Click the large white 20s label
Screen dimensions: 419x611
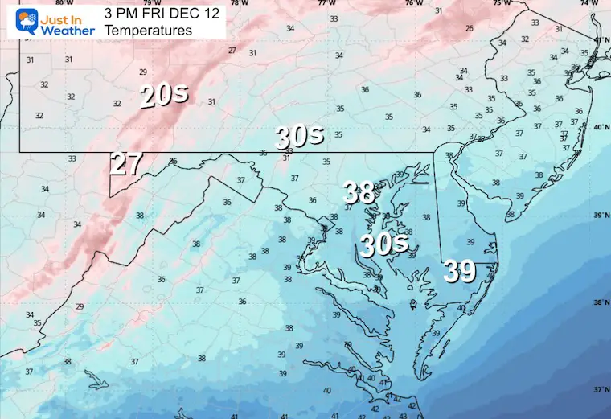(164, 95)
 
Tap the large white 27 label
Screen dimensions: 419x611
(127, 163)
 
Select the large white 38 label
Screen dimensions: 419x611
(359, 192)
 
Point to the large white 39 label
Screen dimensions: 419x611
(460, 273)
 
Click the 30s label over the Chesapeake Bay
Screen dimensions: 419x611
(383, 243)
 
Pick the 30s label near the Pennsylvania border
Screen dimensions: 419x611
(299, 135)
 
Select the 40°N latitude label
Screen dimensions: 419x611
(599, 127)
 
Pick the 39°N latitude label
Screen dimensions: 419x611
(599, 215)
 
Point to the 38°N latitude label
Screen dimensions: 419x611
(599, 302)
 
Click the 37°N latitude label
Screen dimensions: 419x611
(599, 389)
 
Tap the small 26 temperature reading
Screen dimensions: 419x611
(469, 28)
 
